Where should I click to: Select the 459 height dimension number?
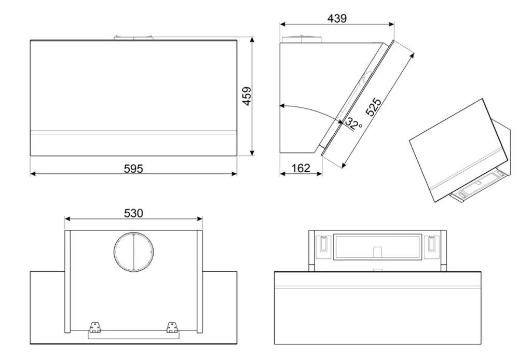tap(248, 96)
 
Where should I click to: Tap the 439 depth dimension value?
tap(336, 18)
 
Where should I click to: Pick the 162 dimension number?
tap(301, 168)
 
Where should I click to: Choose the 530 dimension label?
tap(133, 213)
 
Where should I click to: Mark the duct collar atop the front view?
tap(133, 37)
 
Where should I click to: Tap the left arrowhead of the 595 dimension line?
tap(32, 173)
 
